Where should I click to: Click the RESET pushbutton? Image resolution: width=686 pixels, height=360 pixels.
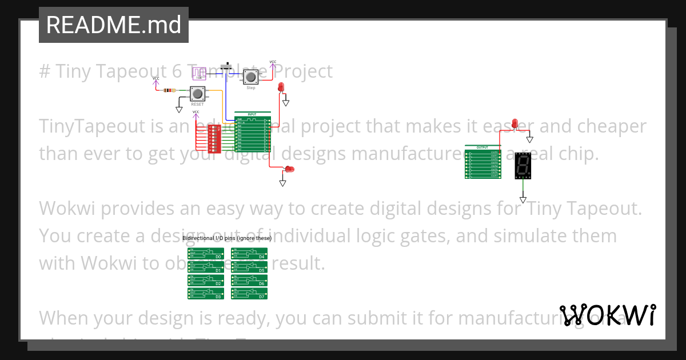click(198, 94)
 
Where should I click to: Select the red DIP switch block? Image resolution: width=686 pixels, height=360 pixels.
click(214, 138)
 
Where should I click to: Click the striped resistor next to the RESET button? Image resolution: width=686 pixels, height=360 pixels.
click(170, 90)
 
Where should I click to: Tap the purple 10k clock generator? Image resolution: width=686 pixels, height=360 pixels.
click(199, 74)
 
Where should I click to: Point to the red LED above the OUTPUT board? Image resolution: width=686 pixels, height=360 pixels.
click(514, 123)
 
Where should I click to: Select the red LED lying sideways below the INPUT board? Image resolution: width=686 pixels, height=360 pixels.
click(289, 169)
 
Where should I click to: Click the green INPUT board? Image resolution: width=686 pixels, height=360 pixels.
click(252, 134)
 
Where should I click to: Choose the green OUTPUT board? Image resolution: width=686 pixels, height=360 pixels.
click(483, 162)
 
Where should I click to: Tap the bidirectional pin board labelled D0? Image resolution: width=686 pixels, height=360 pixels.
click(205, 254)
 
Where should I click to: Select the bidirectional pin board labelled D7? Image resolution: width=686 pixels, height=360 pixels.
click(249, 294)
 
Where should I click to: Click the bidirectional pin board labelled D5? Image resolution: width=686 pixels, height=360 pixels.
click(249, 267)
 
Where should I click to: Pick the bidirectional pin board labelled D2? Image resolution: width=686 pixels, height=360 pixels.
click(205, 280)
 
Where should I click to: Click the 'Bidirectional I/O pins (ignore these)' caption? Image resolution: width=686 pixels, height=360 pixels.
click(227, 238)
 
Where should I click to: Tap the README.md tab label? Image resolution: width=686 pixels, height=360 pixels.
click(113, 25)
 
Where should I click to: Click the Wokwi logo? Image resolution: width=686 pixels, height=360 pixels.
click(607, 315)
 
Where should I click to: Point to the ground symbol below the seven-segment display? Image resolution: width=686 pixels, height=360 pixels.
click(523, 199)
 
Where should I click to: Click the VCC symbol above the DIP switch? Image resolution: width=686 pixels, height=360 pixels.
click(196, 113)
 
